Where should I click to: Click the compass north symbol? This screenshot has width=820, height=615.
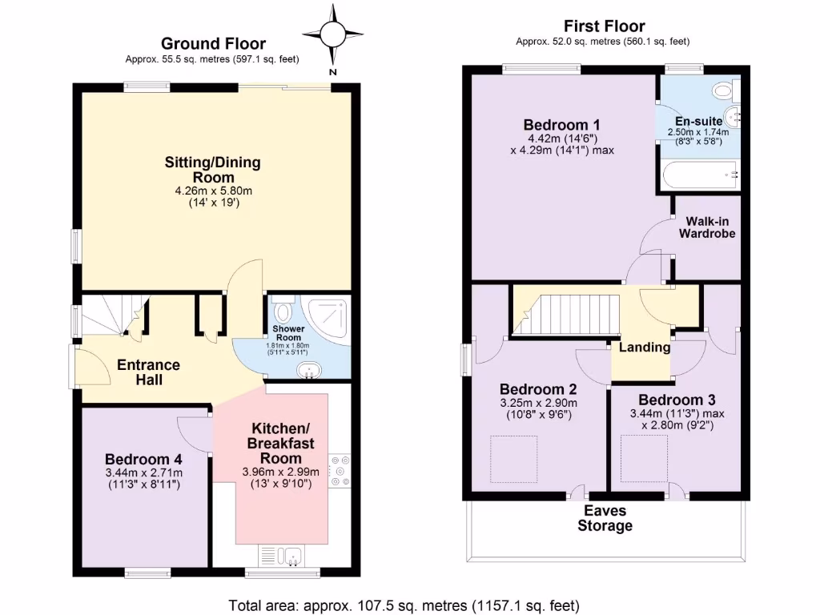click(x=332, y=35)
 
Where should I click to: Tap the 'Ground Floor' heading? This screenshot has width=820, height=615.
click(x=213, y=43)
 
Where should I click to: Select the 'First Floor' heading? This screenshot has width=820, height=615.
click(x=604, y=26)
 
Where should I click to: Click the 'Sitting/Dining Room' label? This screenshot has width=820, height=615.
click(x=213, y=170)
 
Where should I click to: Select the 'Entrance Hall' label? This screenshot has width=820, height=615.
click(x=148, y=372)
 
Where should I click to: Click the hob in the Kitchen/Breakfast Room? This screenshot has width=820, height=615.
click(x=340, y=471)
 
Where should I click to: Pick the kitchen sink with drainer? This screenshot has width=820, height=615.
click(x=281, y=557)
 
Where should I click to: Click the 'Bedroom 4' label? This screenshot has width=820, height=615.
click(x=144, y=459)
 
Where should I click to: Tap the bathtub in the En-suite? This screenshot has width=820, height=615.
click(x=700, y=175)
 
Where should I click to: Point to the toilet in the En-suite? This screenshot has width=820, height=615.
click(x=726, y=91)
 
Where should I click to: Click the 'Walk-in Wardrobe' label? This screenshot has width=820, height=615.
click(x=707, y=227)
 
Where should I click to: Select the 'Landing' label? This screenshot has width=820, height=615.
click(x=645, y=348)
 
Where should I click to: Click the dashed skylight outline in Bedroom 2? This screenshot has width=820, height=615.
click(x=513, y=459)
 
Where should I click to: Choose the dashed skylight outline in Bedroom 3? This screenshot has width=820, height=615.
click(x=645, y=459)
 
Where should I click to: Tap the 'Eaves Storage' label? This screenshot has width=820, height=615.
click(x=605, y=518)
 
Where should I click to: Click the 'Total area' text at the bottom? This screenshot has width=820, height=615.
click(x=404, y=605)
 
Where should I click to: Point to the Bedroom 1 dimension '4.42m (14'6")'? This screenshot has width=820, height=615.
click(x=562, y=139)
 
